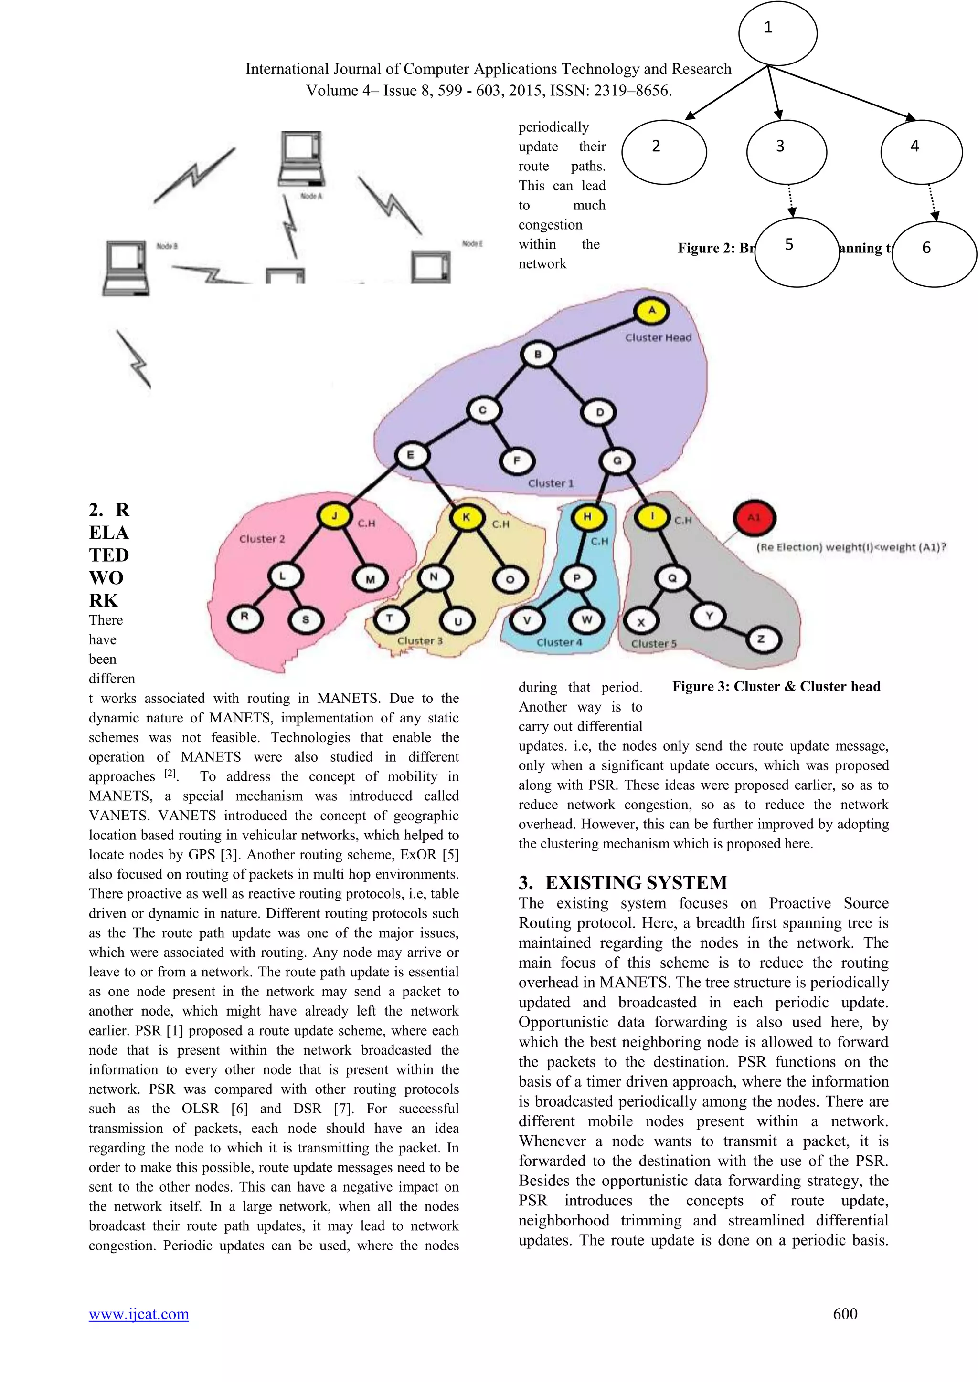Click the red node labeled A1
click(x=754, y=518)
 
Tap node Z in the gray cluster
click(x=761, y=639)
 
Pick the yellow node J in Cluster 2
click(x=334, y=516)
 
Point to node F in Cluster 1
click(x=516, y=461)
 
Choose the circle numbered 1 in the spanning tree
click(x=777, y=33)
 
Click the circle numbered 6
click(x=934, y=254)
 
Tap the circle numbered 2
click(x=664, y=152)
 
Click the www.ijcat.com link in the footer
click(x=138, y=1313)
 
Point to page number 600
click(x=845, y=1313)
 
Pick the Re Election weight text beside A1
click(x=851, y=547)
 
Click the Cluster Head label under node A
click(x=658, y=338)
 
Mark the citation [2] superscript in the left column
click(x=171, y=774)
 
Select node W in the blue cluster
click(x=586, y=619)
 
